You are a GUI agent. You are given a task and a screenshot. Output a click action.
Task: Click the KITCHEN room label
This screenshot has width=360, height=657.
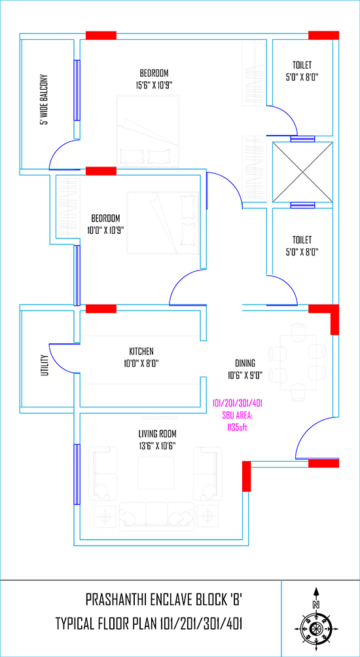141,350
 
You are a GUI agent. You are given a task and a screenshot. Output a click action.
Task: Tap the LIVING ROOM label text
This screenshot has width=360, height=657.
157,433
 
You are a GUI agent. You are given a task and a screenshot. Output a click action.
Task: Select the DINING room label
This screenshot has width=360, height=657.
245,364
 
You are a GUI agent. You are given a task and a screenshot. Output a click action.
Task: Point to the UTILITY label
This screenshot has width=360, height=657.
45,365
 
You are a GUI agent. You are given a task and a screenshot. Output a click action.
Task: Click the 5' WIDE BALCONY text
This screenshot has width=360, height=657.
45,100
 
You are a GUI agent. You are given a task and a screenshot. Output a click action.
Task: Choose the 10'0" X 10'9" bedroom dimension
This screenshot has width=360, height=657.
106,230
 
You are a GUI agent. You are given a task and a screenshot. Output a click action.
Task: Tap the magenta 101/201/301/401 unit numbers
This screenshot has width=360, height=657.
238,404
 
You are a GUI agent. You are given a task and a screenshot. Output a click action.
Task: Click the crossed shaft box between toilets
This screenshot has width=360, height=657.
302,172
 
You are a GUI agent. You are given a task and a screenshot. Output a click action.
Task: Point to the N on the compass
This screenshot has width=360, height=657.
316,604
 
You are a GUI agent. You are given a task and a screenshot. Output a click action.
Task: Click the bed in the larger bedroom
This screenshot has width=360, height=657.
148,132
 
